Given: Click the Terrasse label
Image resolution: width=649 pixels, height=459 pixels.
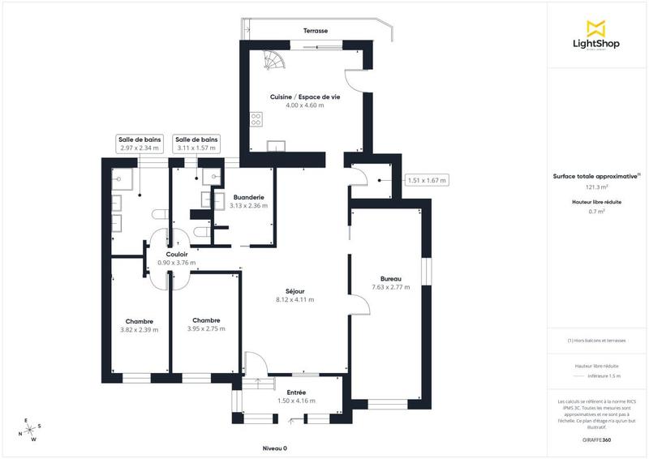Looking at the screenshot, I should click(x=316, y=31).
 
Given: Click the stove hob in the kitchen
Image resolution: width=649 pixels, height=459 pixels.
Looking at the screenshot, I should click(x=256, y=119).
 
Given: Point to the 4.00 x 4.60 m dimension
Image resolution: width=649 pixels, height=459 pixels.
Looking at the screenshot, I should click(x=305, y=105).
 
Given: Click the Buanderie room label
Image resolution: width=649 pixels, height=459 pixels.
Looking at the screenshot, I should click(x=247, y=197).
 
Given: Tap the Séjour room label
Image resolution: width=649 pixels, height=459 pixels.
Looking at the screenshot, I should click(x=294, y=291).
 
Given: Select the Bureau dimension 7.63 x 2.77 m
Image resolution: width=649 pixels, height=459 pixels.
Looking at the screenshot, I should click(x=386, y=287).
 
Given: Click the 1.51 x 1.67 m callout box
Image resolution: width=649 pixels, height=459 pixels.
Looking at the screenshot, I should click(x=427, y=180).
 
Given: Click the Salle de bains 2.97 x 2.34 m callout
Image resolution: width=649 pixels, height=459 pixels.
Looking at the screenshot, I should click(x=140, y=144).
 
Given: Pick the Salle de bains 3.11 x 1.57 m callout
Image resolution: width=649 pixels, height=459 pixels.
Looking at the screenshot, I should click(x=196, y=144).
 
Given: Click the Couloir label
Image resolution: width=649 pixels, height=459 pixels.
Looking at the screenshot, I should click(x=176, y=255).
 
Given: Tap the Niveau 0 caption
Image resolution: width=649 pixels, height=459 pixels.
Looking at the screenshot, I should click(x=275, y=448).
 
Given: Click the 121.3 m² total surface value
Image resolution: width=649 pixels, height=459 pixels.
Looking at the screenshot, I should click(x=596, y=187).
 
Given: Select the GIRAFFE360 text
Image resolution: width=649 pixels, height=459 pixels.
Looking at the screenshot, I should click(x=596, y=439).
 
